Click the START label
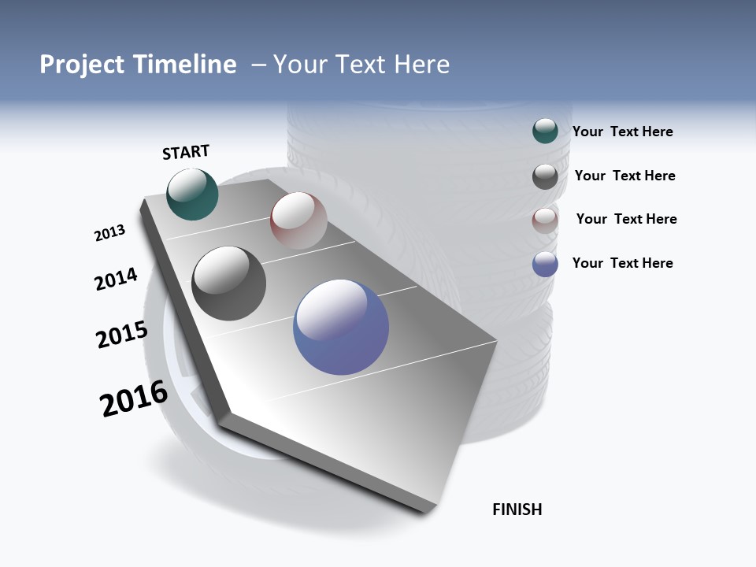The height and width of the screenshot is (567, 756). tap(186, 152)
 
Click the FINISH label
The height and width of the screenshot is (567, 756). tap(517, 510)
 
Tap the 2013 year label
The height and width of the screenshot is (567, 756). tap(109, 233)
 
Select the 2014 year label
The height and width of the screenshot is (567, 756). tap(116, 280)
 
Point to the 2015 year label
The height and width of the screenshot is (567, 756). tap(121, 335)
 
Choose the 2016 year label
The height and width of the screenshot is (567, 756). tap(134, 398)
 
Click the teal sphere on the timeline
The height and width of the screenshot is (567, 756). tap(192, 194)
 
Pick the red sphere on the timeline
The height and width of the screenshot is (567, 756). tap(298, 220)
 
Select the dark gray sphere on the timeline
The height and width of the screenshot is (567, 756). tap(228, 283)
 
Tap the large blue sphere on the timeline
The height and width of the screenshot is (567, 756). tap(341, 327)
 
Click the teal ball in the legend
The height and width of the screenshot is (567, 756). tap(545, 132)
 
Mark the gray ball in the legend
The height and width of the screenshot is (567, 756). tap(545, 176)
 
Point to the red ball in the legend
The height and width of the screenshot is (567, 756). tap(545, 220)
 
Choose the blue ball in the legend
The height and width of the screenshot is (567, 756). tap(545, 264)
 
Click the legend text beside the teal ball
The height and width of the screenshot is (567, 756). tap(622, 132)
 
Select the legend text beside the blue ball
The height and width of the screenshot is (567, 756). tap(622, 263)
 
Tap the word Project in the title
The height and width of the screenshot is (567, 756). tap(83, 65)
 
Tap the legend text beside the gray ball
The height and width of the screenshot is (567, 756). tap(624, 176)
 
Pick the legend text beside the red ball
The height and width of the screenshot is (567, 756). tap(626, 219)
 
